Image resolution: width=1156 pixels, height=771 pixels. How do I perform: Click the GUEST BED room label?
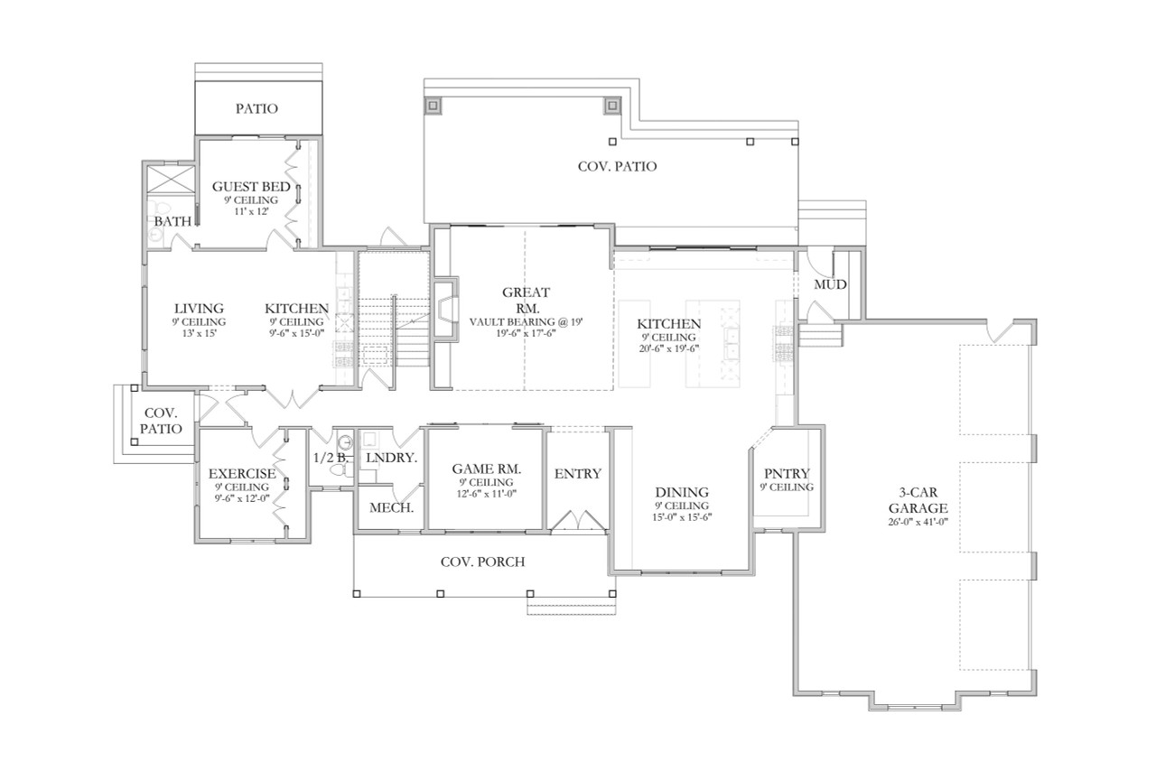(251, 187)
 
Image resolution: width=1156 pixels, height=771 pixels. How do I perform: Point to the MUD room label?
(830, 284)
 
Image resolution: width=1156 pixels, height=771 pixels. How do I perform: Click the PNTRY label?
(788, 473)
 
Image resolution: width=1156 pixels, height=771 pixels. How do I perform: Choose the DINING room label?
(682, 492)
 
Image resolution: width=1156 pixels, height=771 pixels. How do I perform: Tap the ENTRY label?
(577, 474)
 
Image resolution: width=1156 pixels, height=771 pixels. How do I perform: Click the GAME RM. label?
(486, 469)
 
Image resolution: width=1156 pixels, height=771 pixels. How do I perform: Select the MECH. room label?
(391, 507)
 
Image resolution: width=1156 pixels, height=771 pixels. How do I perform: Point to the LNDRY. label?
(391, 458)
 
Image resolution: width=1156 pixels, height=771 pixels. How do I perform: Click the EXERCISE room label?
(242, 474)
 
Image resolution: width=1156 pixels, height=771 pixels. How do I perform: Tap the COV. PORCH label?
(482, 562)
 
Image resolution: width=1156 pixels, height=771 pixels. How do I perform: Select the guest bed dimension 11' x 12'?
(251, 210)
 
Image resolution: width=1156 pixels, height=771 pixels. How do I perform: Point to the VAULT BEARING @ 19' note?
(527, 320)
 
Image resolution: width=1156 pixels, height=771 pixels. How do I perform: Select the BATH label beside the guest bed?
(171, 220)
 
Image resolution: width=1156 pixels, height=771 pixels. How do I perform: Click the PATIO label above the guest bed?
(257, 108)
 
